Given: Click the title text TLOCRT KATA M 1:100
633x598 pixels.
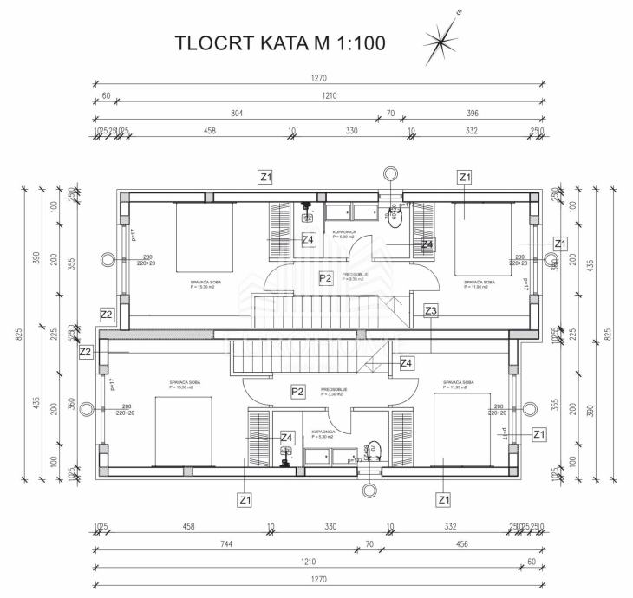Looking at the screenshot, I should pyautogui.click(x=280, y=42).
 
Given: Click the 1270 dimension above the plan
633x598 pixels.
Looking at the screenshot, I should pyautogui.click(x=320, y=78).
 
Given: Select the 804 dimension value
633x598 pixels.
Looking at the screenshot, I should pyautogui.click(x=237, y=113).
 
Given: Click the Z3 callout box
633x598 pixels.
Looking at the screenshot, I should pyautogui.click(x=431, y=310).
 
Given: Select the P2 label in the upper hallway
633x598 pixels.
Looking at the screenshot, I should pyautogui.click(x=325, y=278).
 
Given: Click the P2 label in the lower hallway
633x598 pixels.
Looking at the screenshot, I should pyautogui.click(x=297, y=392).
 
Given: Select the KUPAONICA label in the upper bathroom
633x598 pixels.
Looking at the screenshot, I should pyautogui.click(x=345, y=233).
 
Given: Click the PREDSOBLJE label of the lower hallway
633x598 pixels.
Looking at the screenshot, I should pyautogui.click(x=334, y=390).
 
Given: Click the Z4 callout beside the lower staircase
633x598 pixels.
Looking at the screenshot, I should pyautogui.click(x=406, y=363).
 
